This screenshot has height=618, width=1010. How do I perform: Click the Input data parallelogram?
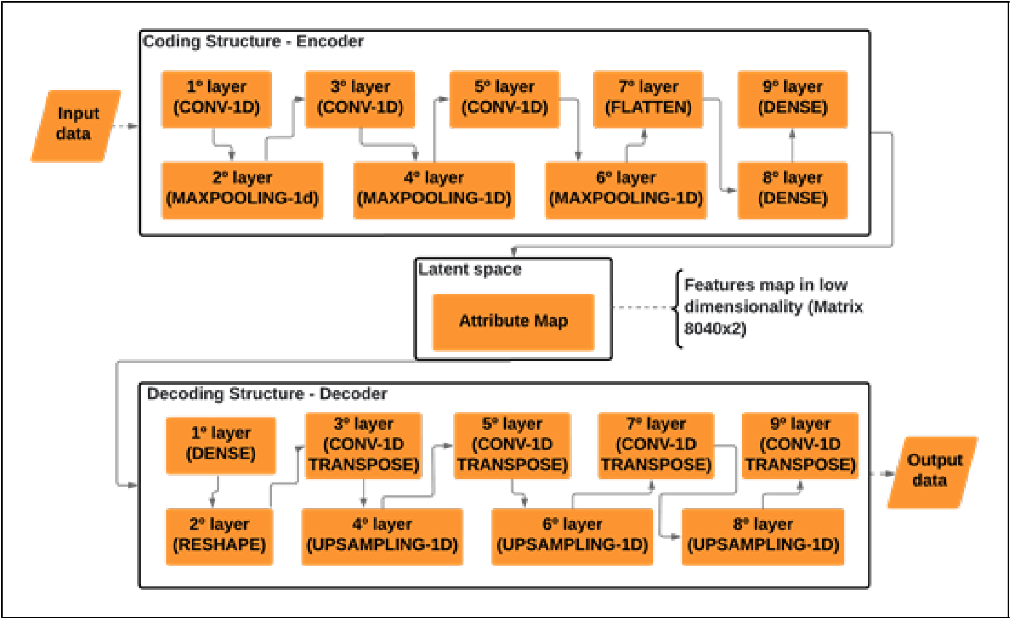tap(76, 125)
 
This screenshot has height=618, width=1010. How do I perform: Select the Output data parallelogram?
tap(932, 471)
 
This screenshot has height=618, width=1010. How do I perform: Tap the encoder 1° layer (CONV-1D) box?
tap(217, 98)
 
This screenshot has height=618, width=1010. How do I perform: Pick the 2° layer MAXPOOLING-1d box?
tap(242, 190)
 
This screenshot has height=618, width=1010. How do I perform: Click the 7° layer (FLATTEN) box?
tap(648, 98)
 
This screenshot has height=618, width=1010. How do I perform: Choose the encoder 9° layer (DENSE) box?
tap(792, 98)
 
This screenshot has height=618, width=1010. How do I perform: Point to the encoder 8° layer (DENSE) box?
tap(792, 190)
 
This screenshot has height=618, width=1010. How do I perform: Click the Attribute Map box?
tap(513, 321)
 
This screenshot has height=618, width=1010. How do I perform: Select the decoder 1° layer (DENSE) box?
tap(221, 444)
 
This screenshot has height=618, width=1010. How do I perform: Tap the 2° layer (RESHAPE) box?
tap(219, 536)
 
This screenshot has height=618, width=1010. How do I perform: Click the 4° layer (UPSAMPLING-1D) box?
tap(382, 536)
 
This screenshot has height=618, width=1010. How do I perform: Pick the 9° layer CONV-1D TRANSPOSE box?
tap(800, 445)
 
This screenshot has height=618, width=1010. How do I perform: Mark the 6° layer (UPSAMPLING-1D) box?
tap(573, 536)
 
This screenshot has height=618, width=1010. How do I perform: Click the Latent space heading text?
tap(470, 269)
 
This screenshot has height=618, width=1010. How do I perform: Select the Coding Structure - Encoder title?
tap(253, 42)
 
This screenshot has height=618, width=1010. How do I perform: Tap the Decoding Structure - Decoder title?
tap(266, 394)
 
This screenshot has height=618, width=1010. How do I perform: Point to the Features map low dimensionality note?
tap(773, 307)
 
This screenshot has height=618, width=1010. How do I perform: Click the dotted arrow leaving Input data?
tap(126, 126)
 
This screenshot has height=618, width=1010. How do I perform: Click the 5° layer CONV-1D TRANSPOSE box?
tap(512, 445)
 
